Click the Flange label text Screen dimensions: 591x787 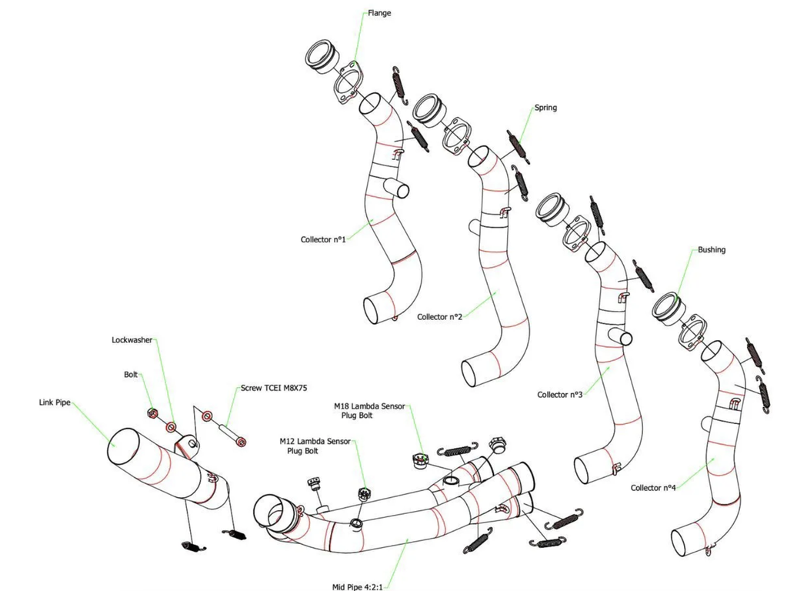point(378,12)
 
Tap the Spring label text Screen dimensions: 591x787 point(545,108)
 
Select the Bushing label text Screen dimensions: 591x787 point(712,250)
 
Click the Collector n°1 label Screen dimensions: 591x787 point(323,239)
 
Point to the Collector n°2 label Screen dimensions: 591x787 point(439,316)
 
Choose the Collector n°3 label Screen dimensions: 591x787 point(560,395)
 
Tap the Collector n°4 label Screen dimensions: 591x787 point(653,488)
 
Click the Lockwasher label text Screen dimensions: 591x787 point(132,339)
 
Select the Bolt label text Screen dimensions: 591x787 point(131,375)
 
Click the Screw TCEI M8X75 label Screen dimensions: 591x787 point(268,388)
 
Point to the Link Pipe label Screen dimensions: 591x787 point(57,402)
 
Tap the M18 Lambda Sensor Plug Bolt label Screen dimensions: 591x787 point(369,410)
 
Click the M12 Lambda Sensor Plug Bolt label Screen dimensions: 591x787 point(315,446)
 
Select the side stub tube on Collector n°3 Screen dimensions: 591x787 point(623,338)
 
